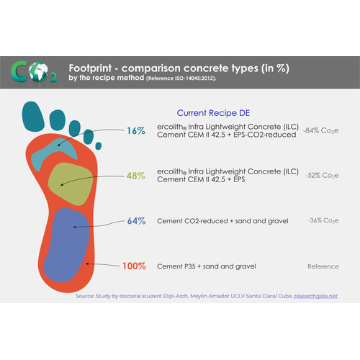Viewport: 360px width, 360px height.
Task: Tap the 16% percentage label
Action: click(x=135, y=131)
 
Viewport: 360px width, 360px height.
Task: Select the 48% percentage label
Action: click(x=135, y=175)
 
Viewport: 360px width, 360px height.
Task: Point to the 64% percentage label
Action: click(x=135, y=220)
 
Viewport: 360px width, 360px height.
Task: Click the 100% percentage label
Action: click(x=133, y=266)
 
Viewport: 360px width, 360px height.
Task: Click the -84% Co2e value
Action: click(x=321, y=131)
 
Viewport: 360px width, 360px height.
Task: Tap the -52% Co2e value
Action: click(x=321, y=175)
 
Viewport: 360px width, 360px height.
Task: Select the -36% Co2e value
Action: click(x=321, y=220)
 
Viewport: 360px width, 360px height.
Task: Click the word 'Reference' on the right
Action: click(x=323, y=266)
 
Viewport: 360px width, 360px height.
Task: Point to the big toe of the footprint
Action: click(x=35, y=115)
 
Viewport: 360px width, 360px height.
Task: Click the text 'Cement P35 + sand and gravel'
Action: click(x=205, y=266)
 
